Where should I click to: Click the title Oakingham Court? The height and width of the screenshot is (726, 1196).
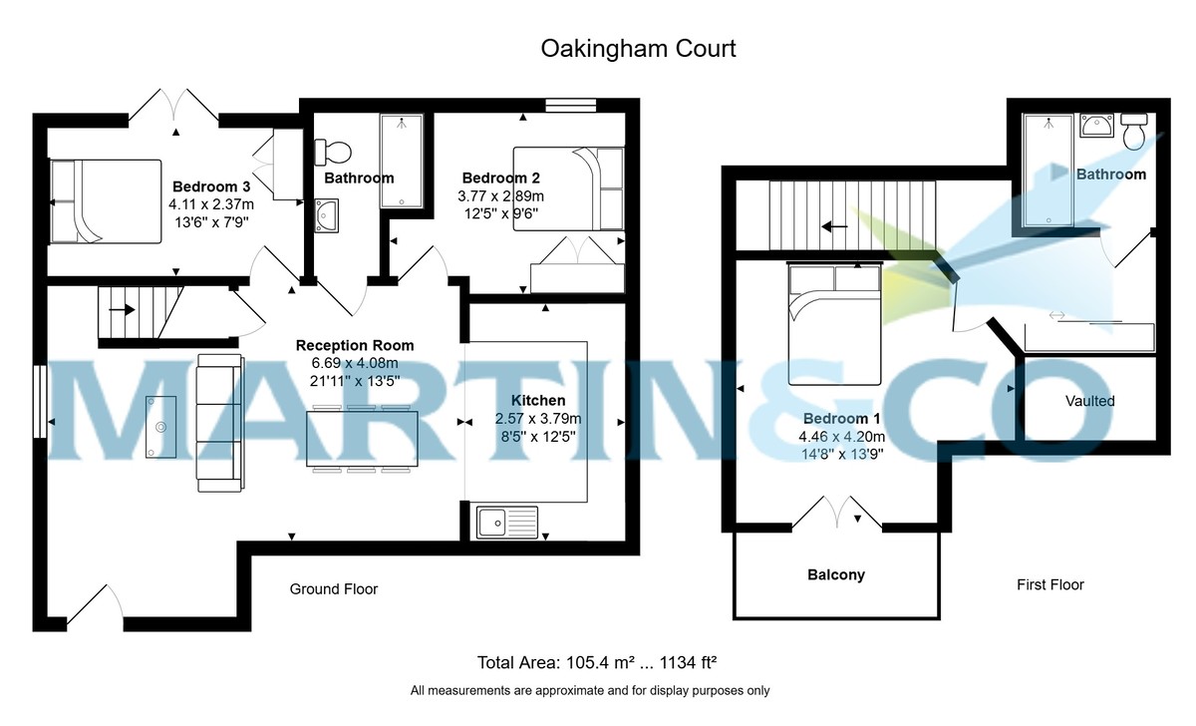(x=638, y=48)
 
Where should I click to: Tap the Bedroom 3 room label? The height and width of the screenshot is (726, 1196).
(x=210, y=186)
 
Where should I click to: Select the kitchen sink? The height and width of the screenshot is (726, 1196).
(x=506, y=522)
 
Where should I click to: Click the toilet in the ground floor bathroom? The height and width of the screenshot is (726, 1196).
(x=333, y=153)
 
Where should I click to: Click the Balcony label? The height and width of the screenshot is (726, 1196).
(x=835, y=574)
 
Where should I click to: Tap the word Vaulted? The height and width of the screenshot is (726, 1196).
(x=1089, y=401)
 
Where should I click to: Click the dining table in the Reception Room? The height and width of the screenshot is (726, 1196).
(x=363, y=438)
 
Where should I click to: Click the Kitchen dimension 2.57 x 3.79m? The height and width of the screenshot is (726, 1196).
(x=538, y=418)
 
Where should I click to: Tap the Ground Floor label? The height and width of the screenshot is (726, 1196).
(x=334, y=589)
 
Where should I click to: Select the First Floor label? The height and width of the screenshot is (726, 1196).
(x=1049, y=584)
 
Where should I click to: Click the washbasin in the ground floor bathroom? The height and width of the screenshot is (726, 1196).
(x=326, y=212)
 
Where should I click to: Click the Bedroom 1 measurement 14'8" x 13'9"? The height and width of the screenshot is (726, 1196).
(x=843, y=454)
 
